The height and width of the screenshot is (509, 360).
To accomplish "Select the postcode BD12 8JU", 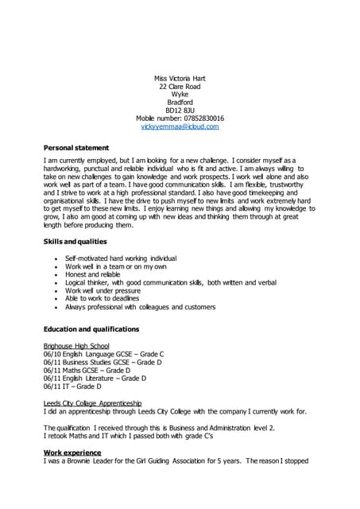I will pos(180,110).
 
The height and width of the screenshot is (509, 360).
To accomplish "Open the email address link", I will pos(180,126).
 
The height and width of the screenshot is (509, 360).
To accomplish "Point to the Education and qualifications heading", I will pos(91,328).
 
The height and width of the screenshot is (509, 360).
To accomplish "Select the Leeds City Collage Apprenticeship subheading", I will pos(92,403).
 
